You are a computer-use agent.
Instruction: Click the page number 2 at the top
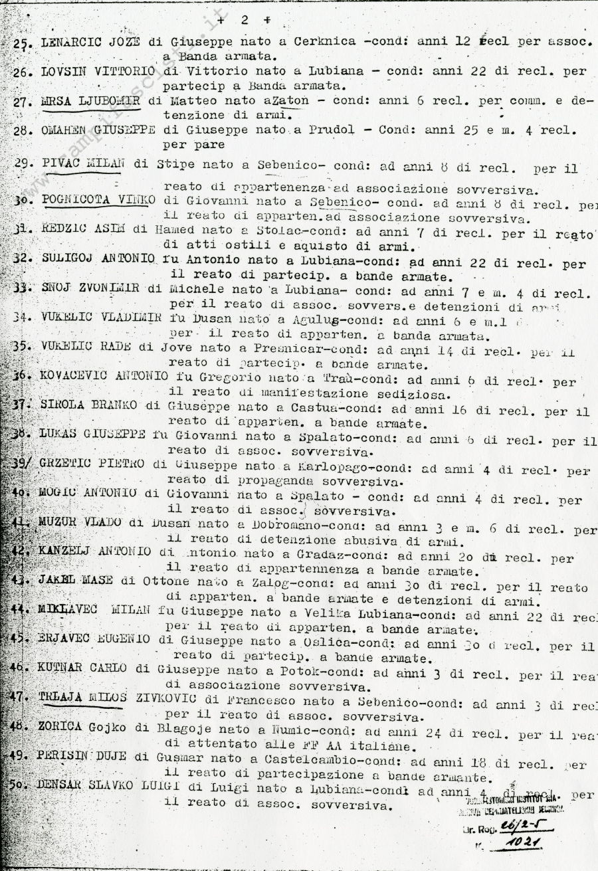(x=243, y=19)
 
